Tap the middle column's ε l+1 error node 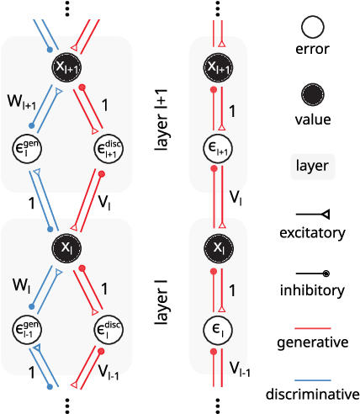click(219, 149)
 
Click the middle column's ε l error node click(219, 329)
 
